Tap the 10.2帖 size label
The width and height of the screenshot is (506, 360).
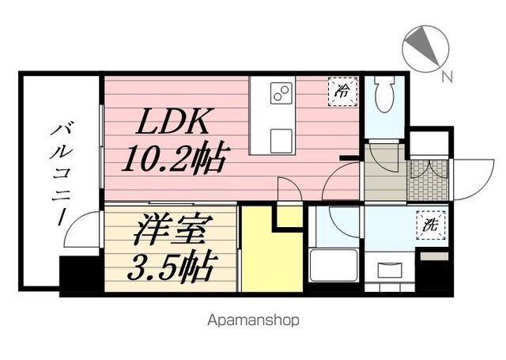click(173, 160)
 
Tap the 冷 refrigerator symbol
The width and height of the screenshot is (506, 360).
click(342, 90)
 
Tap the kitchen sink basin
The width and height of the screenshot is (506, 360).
click(281, 141)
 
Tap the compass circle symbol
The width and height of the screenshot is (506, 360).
click(424, 49)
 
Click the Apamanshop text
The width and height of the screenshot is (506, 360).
click(253, 320)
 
